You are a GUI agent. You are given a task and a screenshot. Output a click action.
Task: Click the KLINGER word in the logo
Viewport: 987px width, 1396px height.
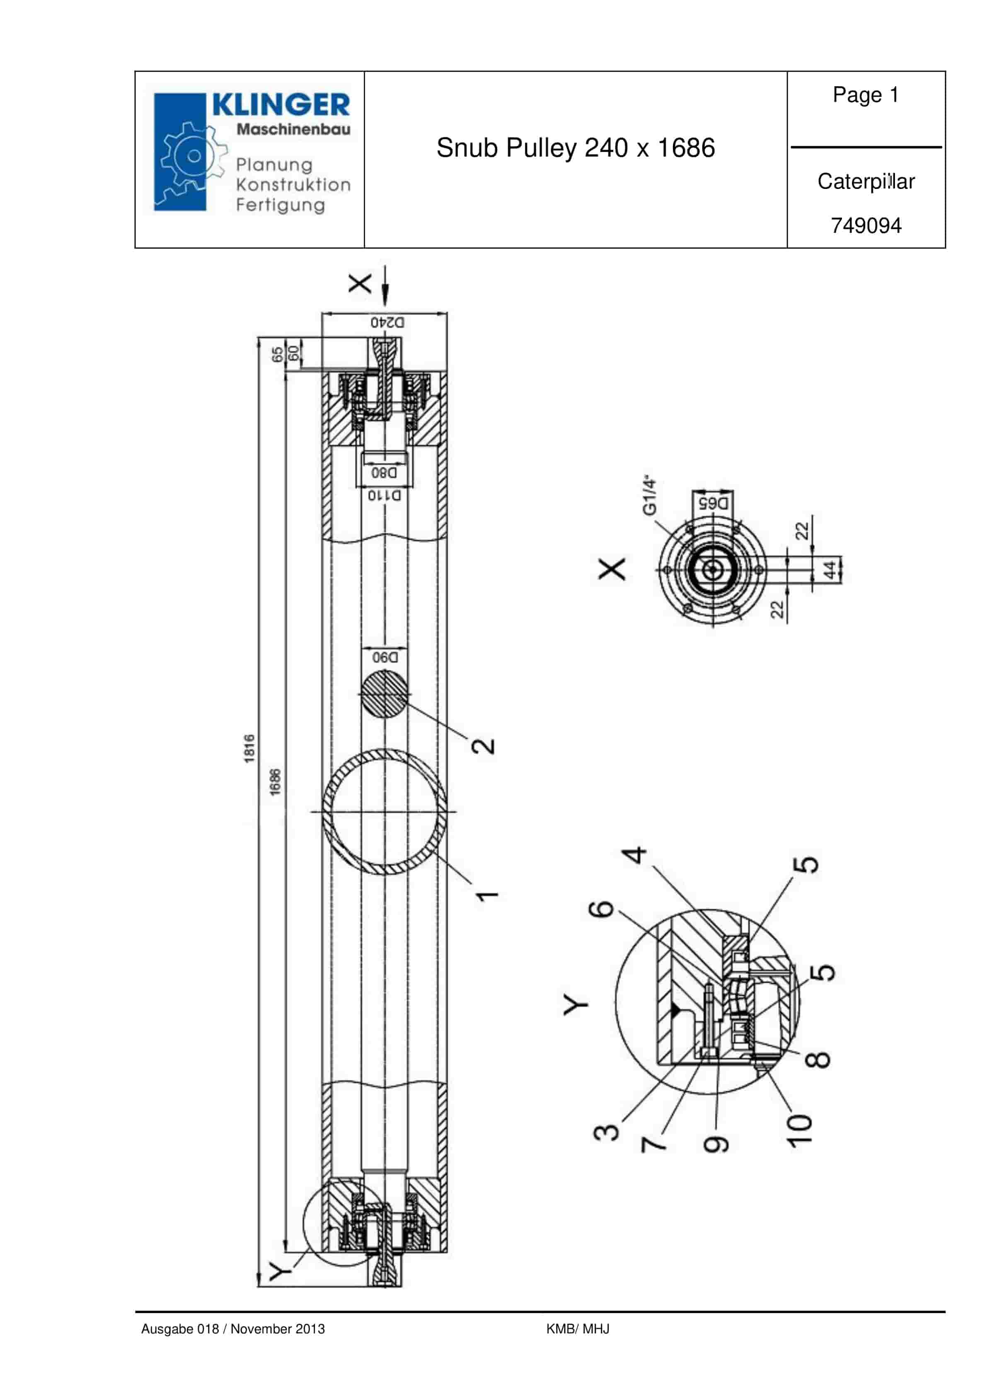(x=281, y=105)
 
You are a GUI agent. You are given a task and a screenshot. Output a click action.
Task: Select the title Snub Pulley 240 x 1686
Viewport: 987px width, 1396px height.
(x=575, y=148)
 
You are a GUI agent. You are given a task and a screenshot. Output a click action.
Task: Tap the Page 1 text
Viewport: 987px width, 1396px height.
(x=865, y=95)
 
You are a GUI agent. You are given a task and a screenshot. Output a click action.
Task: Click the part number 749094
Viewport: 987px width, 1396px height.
(x=866, y=225)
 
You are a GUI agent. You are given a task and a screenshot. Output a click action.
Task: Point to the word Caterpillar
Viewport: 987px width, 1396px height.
(x=866, y=181)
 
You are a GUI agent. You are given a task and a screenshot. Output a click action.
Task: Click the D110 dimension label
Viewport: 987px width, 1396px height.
(x=385, y=496)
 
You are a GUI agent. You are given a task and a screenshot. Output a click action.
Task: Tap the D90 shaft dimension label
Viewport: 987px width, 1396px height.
(x=385, y=657)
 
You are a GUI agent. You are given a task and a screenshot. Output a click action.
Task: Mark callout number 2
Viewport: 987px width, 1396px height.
(x=484, y=745)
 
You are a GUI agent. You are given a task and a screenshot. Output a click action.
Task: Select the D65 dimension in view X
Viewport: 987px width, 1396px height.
(x=713, y=503)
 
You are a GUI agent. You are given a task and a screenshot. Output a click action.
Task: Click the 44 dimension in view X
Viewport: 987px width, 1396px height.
(x=830, y=570)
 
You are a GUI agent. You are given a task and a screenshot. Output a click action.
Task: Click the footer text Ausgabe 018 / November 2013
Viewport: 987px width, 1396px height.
(x=233, y=1328)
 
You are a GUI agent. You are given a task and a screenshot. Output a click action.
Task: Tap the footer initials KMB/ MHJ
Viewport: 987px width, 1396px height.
(x=578, y=1328)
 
